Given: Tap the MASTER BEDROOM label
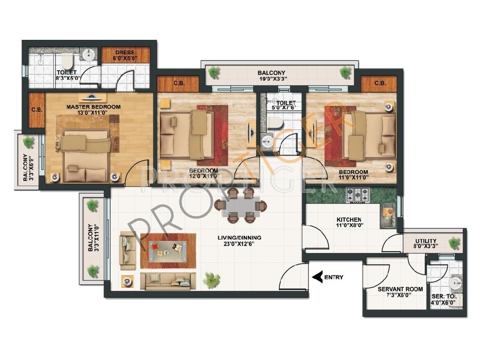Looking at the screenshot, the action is (x=93, y=107).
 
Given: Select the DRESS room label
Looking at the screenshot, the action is (x=125, y=52).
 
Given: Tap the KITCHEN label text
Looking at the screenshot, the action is (x=349, y=220).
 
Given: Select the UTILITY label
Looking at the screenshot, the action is (x=426, y=241).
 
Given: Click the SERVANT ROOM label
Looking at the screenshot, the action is (x=400, y=289).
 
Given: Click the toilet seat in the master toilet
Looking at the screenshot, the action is (x=67, y=61).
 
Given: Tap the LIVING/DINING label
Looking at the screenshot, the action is (x=240, y=238).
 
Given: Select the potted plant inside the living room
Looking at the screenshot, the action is (x=211, y=280).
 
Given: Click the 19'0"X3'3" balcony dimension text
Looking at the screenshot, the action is (x=271, y=79).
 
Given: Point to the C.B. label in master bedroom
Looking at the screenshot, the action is (x=37, y=109).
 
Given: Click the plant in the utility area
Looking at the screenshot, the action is (x=454, y=243).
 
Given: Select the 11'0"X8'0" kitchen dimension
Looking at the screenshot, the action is (x=349, y=225).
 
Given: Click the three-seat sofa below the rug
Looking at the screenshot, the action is (x=168, y=281).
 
